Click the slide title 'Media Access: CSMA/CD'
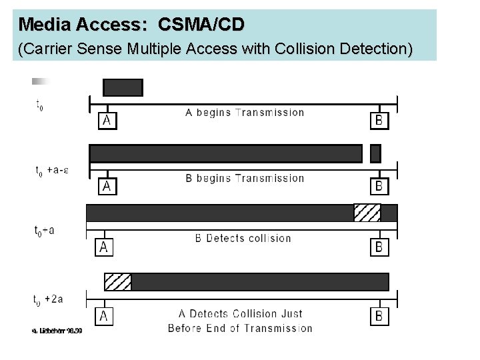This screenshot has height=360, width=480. click(x=131, y=25)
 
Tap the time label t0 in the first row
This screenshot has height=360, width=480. click(x=39, y=105)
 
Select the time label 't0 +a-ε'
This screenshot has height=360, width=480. click(x=52, y=170)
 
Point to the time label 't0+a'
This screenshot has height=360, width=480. click(x=45, y=231)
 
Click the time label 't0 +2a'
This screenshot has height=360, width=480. click(x=49, y=299)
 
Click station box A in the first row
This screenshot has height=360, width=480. click(x=107, y=120)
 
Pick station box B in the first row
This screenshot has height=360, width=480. click(x=379, y=120)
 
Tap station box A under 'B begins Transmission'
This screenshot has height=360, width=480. click(x=106, y=186)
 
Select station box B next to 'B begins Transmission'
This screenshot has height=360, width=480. click(x=379, y=186)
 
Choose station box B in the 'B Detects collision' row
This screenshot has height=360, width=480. click(x=379, y=247)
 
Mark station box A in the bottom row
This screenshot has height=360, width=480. click(x=104, y=316)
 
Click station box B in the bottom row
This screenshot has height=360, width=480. click(x=379, y=316)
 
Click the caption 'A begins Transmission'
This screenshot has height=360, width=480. click(x=244, y=112)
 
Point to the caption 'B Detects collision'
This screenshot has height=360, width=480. click(x=243, y=238)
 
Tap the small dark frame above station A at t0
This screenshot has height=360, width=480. click(x=123, y=87)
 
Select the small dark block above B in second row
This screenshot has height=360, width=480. click(x=375, y=153)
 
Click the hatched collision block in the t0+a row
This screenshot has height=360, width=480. click(x=367, y=213)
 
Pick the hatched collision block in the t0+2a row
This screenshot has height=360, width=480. click(x=118, y=281)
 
